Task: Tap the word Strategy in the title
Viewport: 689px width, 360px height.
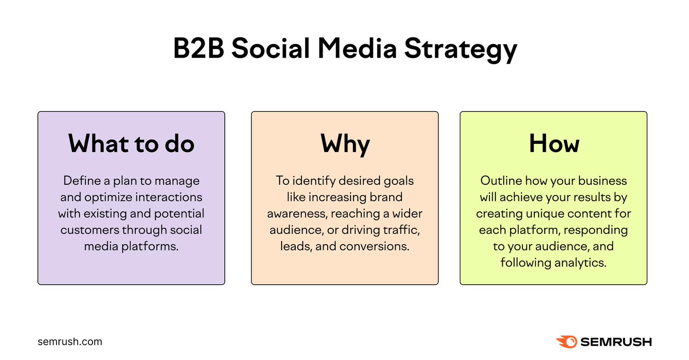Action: coord(460,49)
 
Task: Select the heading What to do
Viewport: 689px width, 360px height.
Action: coord(131,143)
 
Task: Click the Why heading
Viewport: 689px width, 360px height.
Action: coord(345,144)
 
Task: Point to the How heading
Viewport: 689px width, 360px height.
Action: coord(554,143)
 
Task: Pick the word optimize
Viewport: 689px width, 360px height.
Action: coord(108,197)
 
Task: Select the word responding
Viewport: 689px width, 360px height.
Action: coord(596,230)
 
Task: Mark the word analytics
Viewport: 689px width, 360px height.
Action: coord(580,263)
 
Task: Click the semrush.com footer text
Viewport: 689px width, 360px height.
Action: coord(70,342)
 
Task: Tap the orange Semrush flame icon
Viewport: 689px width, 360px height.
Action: coord(567,342)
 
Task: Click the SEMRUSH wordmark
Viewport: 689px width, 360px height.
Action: coord(616,342)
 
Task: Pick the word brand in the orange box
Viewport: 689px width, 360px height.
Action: coord(386,197)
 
